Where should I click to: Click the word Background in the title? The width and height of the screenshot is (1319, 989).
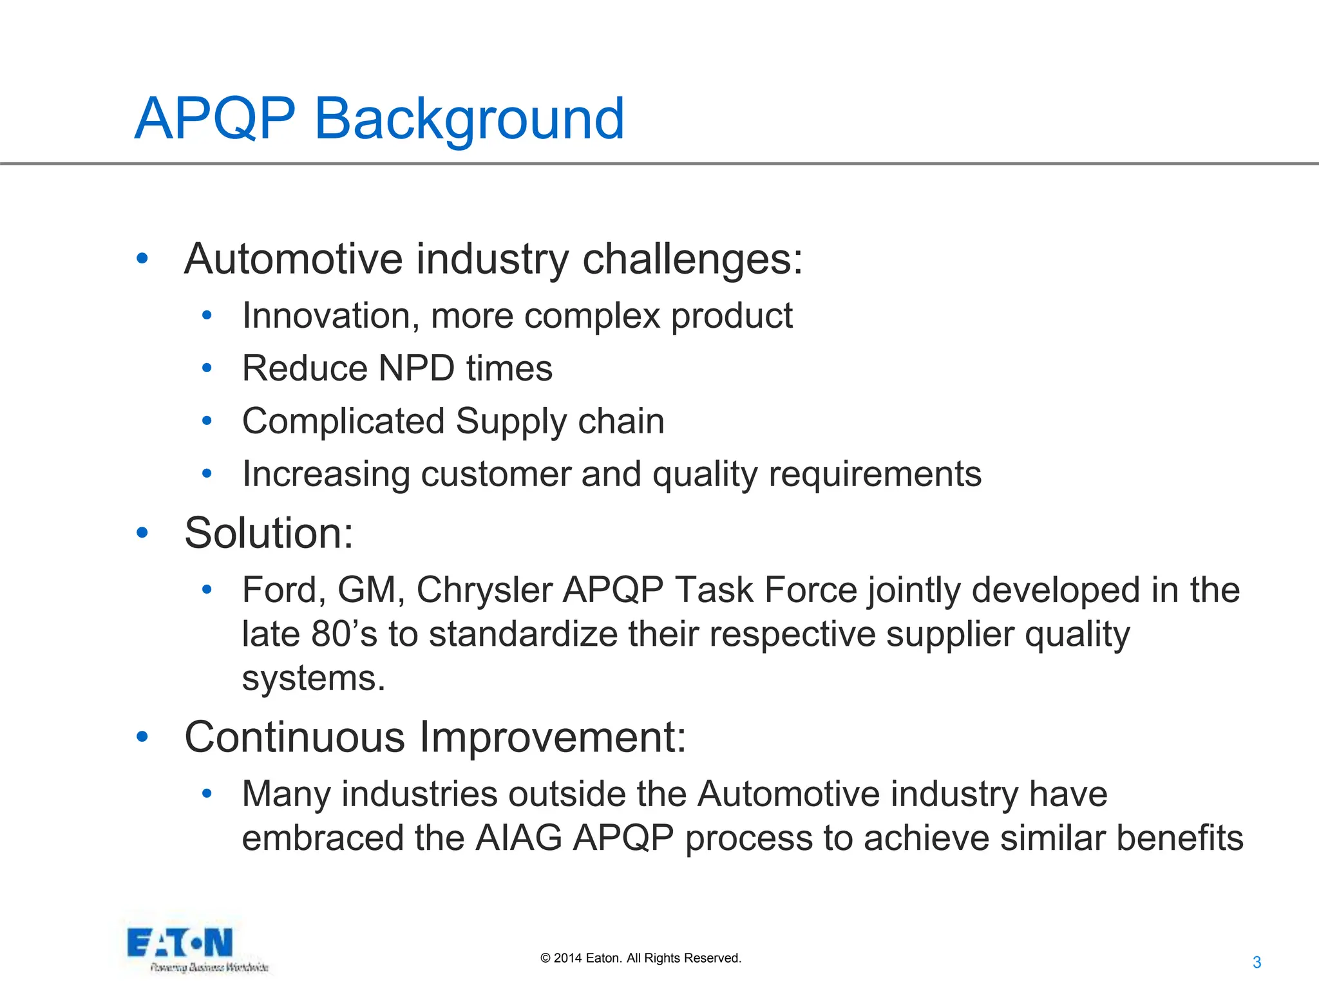coord(469,119)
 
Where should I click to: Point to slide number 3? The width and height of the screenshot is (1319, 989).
coord(1256,963)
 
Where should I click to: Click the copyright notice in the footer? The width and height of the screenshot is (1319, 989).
coord(641,958)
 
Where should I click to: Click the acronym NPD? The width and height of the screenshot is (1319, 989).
coord(417,368)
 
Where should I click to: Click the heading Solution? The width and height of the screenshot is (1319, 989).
coord(269,533)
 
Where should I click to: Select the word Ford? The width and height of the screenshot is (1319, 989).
coord(284,590)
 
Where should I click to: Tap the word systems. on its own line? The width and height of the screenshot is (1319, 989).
coord(314,679)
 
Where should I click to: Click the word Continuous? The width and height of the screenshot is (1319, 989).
coord(294,737)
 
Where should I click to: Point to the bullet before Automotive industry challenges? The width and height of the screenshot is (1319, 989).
coord(142,259)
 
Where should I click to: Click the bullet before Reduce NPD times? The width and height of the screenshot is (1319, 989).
coord(207,368)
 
